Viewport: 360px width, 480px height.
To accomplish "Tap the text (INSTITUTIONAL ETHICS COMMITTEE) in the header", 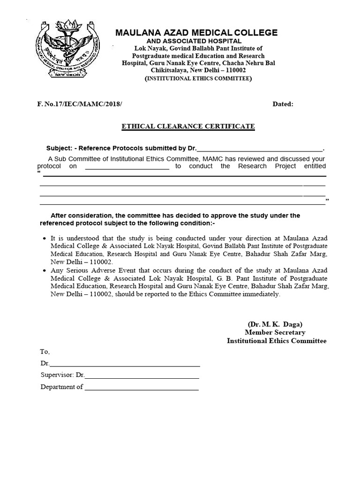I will coord(197,78).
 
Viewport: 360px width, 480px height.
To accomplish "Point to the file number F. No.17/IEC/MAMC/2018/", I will coord(79,104).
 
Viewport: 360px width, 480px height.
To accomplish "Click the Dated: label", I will coord(283,104).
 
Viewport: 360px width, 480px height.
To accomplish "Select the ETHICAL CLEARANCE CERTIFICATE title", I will coord(188,127).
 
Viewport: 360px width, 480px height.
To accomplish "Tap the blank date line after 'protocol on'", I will coord(127,166).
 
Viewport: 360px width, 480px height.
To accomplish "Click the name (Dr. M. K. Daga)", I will coord(275,324).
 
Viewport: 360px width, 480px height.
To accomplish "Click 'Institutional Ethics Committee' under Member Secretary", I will coord(277,341).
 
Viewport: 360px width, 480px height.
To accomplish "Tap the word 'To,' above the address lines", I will coord(45,352).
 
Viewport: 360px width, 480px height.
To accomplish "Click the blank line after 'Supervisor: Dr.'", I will coord(142,375).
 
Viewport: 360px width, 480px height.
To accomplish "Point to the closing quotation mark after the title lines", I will coord(327,201).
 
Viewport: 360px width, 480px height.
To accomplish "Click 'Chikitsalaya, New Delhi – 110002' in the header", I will coord(198,70).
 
